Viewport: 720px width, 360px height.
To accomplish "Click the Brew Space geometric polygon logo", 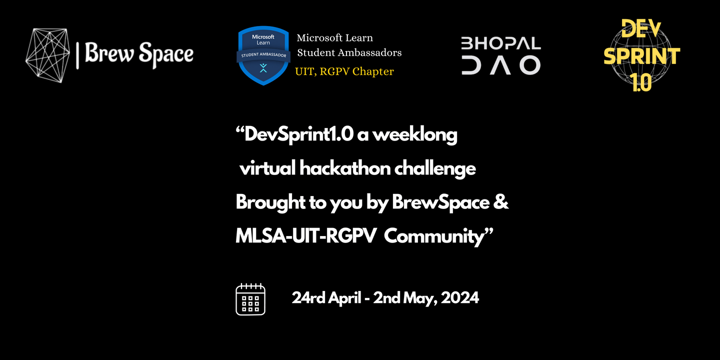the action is click(x=47, y=55).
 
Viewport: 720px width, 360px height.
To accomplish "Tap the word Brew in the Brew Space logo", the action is click(x=109, y=52).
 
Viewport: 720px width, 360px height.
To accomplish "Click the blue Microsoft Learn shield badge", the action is click(x=263, y=55).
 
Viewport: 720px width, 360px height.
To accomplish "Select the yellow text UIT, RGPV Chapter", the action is click(x=344, y=71).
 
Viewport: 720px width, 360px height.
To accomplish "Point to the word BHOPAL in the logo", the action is click(x=501, y=43).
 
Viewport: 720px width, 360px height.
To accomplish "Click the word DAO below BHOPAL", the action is click(x=501, y=65).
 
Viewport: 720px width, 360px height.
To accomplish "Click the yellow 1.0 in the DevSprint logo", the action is click(x=642, y=82).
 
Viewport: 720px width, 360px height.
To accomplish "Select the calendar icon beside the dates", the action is click(x=250, y=299).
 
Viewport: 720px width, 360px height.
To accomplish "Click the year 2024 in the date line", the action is click(x=460, y=297).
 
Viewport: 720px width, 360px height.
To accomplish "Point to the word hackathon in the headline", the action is click(x=345, y=168).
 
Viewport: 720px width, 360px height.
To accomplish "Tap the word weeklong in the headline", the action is click(x=415, y=134).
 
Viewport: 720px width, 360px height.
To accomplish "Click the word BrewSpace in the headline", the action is click(x=440, y=203).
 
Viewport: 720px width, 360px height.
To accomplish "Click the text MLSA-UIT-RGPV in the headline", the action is click(x=305, y=236).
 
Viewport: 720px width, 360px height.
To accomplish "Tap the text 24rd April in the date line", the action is click(x=326, y=298).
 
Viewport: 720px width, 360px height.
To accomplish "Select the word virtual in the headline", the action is click(x=267, y=168).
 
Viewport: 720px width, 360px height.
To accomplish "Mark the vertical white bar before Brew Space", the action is click(x=77, y=55).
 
